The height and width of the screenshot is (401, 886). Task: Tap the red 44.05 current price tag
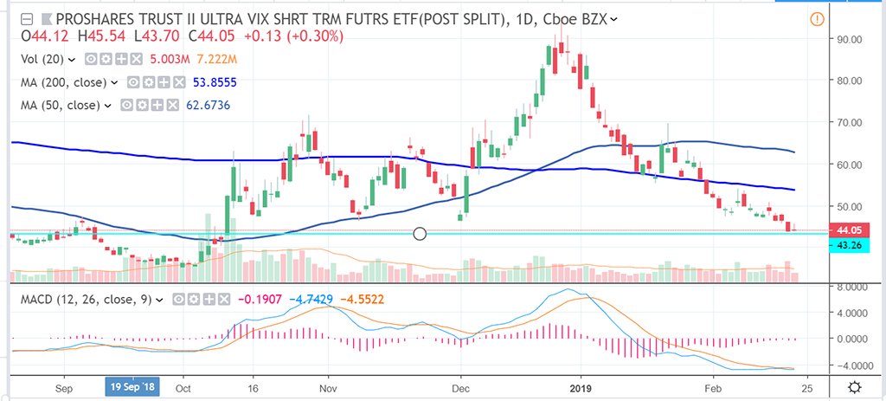click(842, 230)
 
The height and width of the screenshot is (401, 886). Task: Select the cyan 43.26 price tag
click(842, 245)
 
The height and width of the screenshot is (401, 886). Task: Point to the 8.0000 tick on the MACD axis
click(845, 286)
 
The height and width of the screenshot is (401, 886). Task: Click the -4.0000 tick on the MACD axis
click(845, 365)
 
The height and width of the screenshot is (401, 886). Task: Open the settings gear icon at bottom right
click(855, 387)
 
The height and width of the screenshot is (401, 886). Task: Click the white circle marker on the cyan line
click(421, 234)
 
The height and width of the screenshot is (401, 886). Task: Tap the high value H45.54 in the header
click(97, 37)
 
